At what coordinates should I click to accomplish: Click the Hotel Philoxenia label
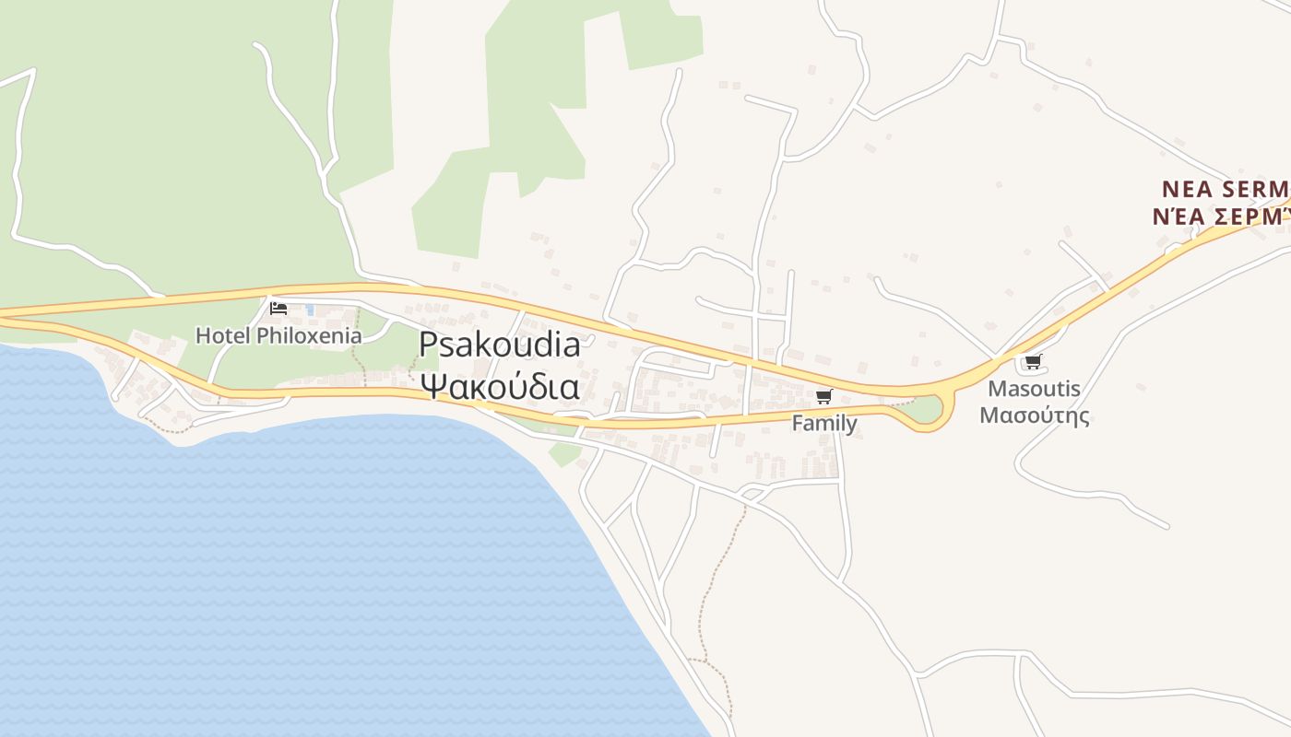point(278,335)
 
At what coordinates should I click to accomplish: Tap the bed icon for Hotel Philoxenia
point(278,309)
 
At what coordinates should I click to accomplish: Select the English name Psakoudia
point(500,345)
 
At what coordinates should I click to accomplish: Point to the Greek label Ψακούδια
point(500,385)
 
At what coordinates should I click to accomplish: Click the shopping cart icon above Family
point(823,397)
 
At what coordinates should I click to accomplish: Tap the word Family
point(824,424)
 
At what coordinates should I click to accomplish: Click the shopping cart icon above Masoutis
point(1033,362)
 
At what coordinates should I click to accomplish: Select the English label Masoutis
point(1034,389)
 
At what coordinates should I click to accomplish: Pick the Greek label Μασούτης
point(1034,415)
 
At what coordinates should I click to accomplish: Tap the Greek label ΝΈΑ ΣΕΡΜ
point(1220,216)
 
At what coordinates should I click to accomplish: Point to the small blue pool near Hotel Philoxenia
point(310,310)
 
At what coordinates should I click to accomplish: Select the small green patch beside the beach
point(564,454)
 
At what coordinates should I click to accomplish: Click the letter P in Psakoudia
point(428,345)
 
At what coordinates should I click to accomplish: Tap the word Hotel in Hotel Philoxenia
point(223,335)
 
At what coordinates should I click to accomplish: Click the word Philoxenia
point(309,335)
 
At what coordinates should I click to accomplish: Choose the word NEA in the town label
point(1184,190)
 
